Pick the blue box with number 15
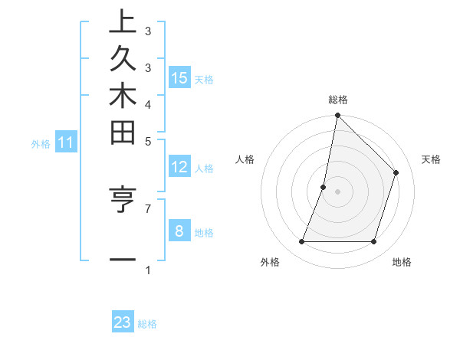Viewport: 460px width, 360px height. [x=179, y=77]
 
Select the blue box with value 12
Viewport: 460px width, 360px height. [x=179, y=166]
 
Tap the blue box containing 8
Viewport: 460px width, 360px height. [x=179, y=231]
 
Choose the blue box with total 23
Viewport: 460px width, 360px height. [x=123, y=322]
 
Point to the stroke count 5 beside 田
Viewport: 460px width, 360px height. [x=148, y=141]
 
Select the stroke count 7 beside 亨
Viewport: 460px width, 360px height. [x=148, y=208]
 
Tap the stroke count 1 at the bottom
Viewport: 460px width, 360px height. [x=148, y=270]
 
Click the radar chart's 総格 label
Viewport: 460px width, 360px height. [x=337, y=100]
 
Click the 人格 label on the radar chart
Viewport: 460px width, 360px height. [x=245, y=159]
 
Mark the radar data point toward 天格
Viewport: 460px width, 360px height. [x=396, y=172]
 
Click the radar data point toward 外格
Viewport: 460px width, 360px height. [x=301, y=242]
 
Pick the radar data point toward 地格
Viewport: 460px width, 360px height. [x=373, y=242]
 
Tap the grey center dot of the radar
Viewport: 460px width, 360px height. [x=337, y=191]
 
